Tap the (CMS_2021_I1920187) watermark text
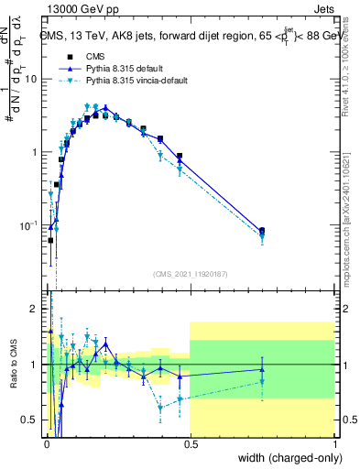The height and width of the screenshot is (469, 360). (x=191, y=273)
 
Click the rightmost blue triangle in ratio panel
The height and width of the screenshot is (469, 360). (x=262, y=369)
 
